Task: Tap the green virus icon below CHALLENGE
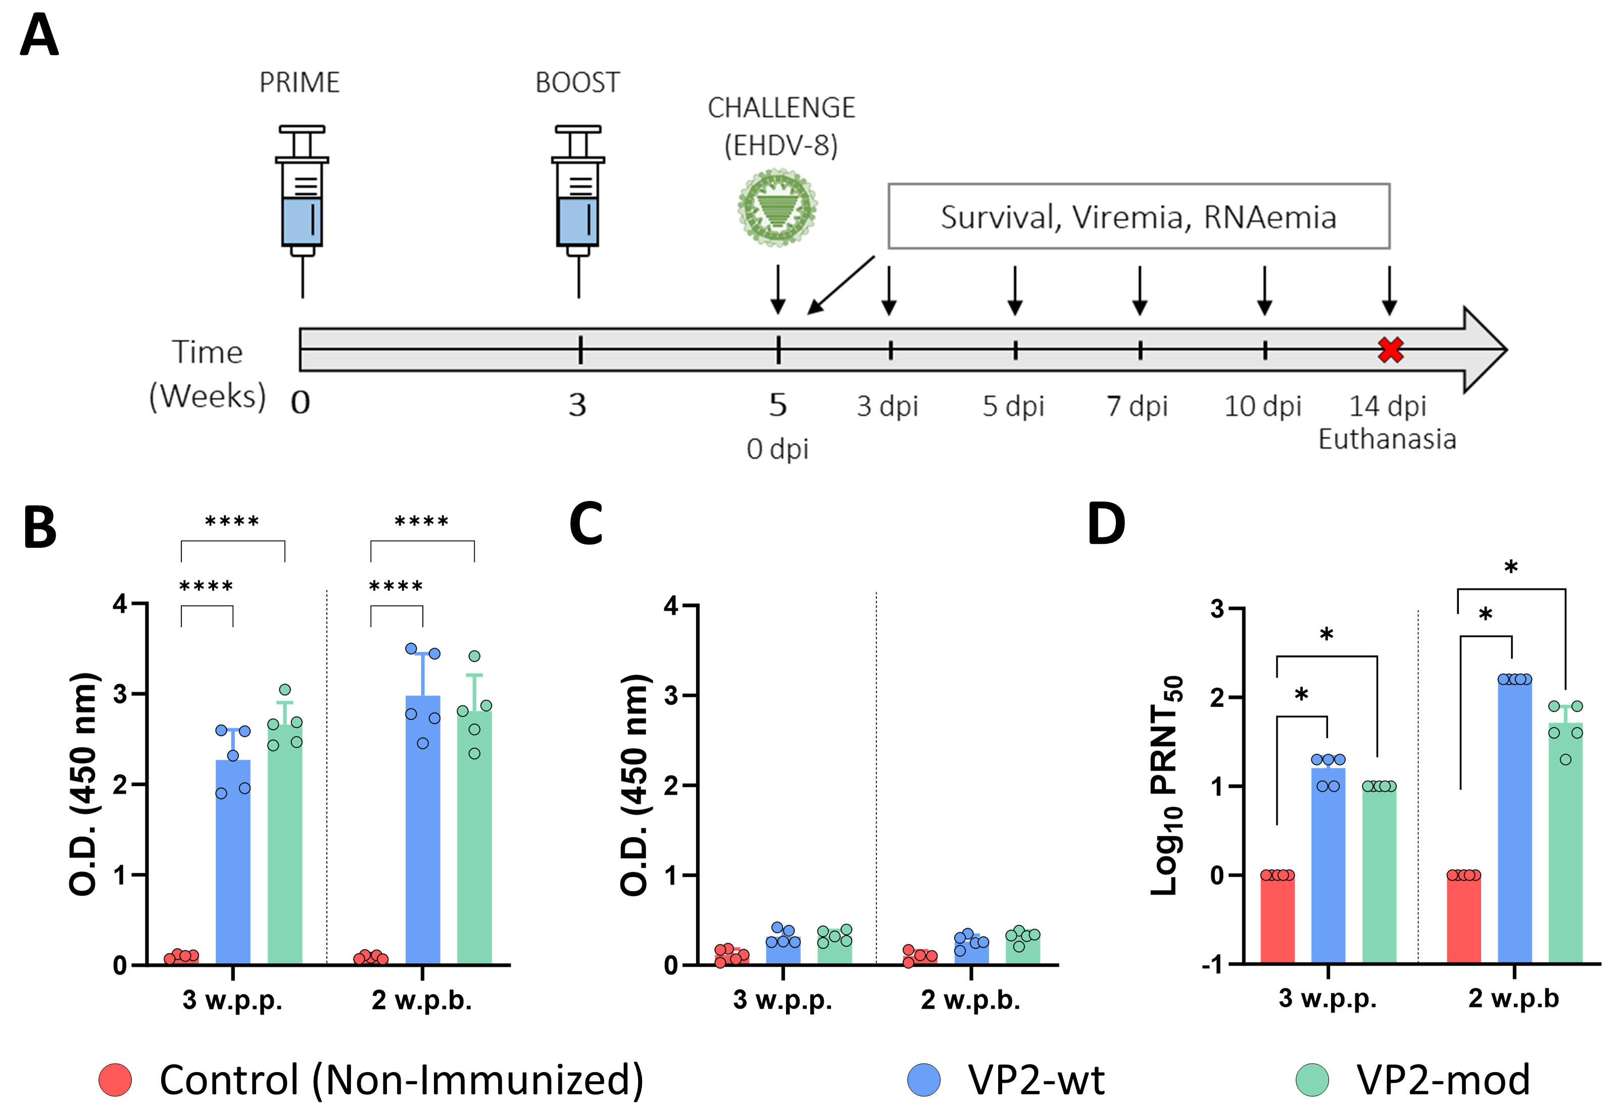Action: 777,208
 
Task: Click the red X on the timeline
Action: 1390,349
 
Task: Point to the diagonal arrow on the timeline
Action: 841,285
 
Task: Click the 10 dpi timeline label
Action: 1262,406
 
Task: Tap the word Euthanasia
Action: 1387,440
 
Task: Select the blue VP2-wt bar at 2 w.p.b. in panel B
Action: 423,835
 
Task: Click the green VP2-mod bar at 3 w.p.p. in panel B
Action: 285,849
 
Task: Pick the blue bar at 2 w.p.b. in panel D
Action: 1514,822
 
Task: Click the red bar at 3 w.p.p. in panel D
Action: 1277,919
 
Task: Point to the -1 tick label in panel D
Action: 1212,965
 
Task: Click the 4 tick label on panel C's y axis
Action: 670,606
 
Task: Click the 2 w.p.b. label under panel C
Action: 970,1000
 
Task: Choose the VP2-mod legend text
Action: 1443,1080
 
